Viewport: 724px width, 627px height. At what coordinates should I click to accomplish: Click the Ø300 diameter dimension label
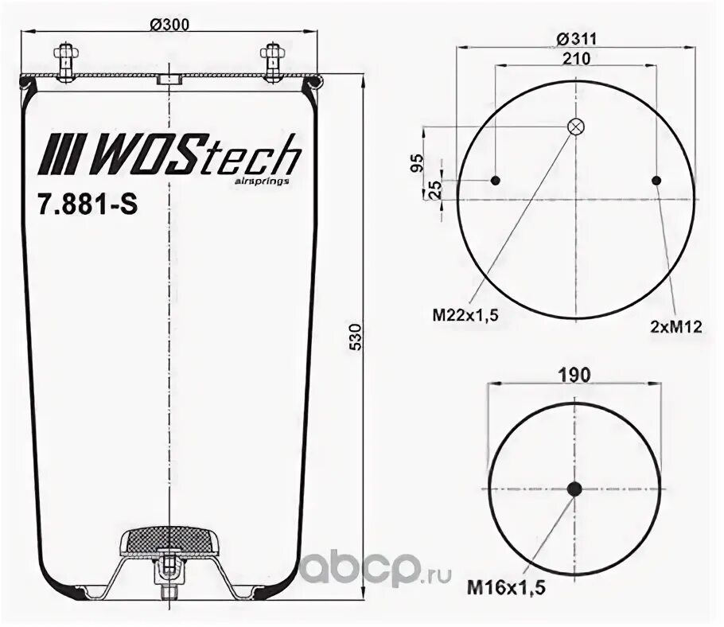tap(169, 25)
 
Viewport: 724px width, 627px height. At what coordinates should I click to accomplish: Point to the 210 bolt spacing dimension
tap(576, 58)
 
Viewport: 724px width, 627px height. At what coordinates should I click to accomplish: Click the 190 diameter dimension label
tap(575, 374)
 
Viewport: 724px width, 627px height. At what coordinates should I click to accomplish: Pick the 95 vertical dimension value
tap(415, 164)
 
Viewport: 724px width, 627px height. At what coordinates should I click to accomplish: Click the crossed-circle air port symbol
tap(575, 127)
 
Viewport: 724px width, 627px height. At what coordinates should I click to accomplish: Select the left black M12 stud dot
tap(495, 181)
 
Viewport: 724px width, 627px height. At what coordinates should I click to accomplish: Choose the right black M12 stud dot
tap(656, 181)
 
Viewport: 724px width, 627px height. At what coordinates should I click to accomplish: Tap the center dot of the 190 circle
tap(574, 489)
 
